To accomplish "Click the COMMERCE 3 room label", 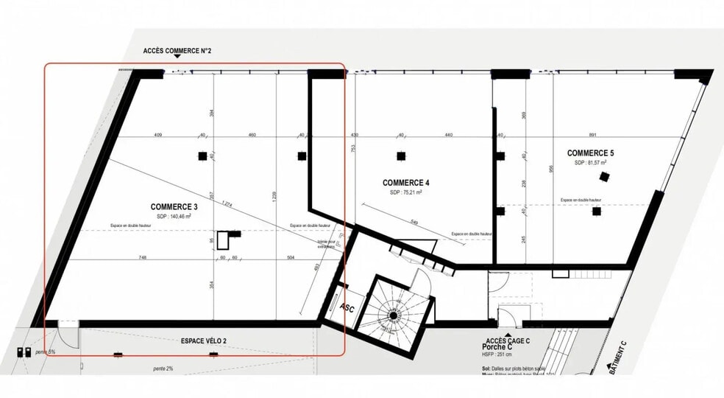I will pyautogui.click(x=174, y=206).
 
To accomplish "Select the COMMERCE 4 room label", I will pyautogui.click(x=405, y=182).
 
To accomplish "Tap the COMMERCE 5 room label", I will pyautogui.click(x=590, y=153).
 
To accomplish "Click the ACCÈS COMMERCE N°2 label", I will pyautogui.click(x=177, y=51).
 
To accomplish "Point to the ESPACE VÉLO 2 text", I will pyautogui.click(x=204, y=341).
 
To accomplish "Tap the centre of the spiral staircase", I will pyautogui.click(x=393, y=316).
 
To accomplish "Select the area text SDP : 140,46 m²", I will pyautogui.click(x=174, y=217).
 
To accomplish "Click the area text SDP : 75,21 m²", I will pyautogui.click(x=406, y=192).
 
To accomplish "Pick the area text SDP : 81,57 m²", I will pyautogui.click(x=590, y=163).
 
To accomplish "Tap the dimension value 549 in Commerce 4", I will pyautogui.click(x=414, y=222).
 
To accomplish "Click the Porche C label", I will pyautogui.click(x=497, y=347).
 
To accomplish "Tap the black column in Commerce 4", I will pyautogui.click(x=401, y=156).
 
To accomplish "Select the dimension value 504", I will pyautogui.click(x=291, y=258).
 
